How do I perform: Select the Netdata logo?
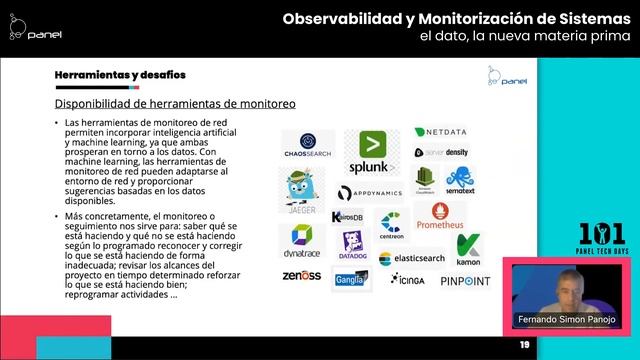click(x=439, y=132)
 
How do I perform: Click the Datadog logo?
click(x=353, y=246)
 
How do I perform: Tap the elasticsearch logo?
click(x=411, y=259)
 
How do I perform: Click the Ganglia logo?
click(x=351, y=279)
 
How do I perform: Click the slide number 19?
click(x=523, y=345)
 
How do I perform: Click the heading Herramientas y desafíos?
click(x=119, y=76)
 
